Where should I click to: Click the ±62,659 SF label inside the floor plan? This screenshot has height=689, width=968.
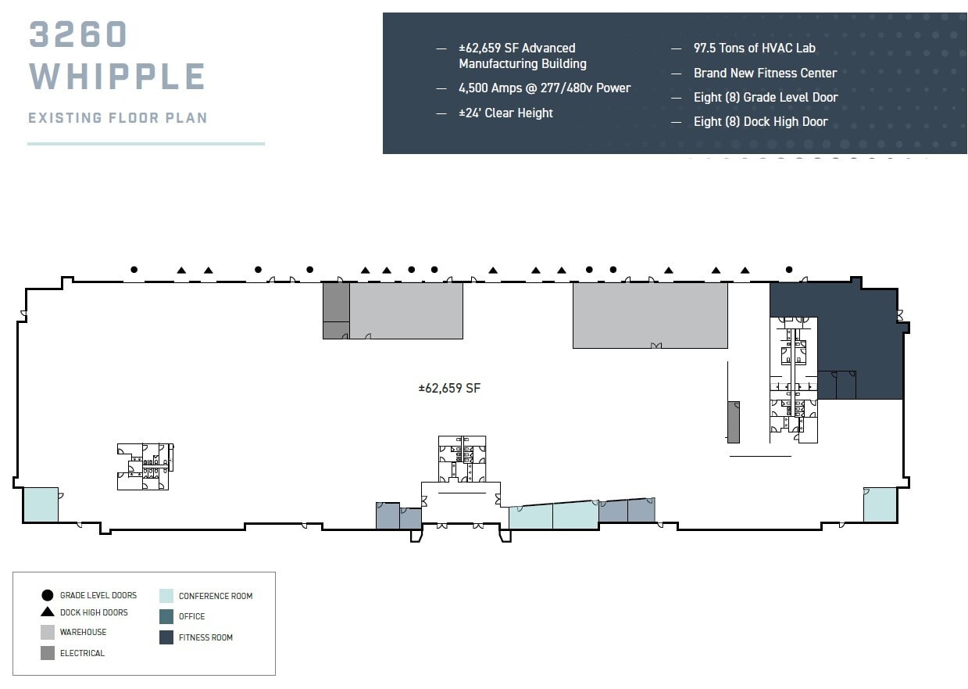click(x=449, y=388)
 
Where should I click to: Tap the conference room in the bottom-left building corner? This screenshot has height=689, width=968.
click(x=41, y=504)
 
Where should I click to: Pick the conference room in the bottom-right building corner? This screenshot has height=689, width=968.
click(x=880, y=504)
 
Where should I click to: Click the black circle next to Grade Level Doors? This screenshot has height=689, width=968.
click(x=48, y=595)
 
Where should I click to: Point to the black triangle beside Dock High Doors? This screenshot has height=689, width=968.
click(x=48, y=612)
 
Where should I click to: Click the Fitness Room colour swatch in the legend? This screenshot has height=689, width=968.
click(x=166, y=637)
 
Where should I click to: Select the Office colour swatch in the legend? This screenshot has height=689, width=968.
click(x=166, y=617)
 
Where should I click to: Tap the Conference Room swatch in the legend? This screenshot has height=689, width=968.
click(x=166, y=596)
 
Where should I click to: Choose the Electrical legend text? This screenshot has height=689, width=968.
click(x=82, y=653)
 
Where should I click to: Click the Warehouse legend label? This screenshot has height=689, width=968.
click(x=83, y=632)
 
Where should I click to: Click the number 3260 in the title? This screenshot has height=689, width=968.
click(x=78, y=34)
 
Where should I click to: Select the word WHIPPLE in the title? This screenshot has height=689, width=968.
click(x=117, y=76)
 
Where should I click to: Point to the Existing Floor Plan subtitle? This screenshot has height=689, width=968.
click(x=117, y=117)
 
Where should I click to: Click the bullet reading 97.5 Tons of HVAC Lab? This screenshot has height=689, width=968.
click(x=755, y=48)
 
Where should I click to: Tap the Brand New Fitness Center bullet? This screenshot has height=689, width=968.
click(x=766, y=73)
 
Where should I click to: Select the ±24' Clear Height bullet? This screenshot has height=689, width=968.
click(x=505, y=113)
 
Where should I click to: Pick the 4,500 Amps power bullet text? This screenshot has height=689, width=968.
click(x=545, y=88)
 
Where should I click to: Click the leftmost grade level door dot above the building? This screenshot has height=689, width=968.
click(x=134, y=270)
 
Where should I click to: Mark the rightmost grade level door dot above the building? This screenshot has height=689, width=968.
click(x=789, y=270)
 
